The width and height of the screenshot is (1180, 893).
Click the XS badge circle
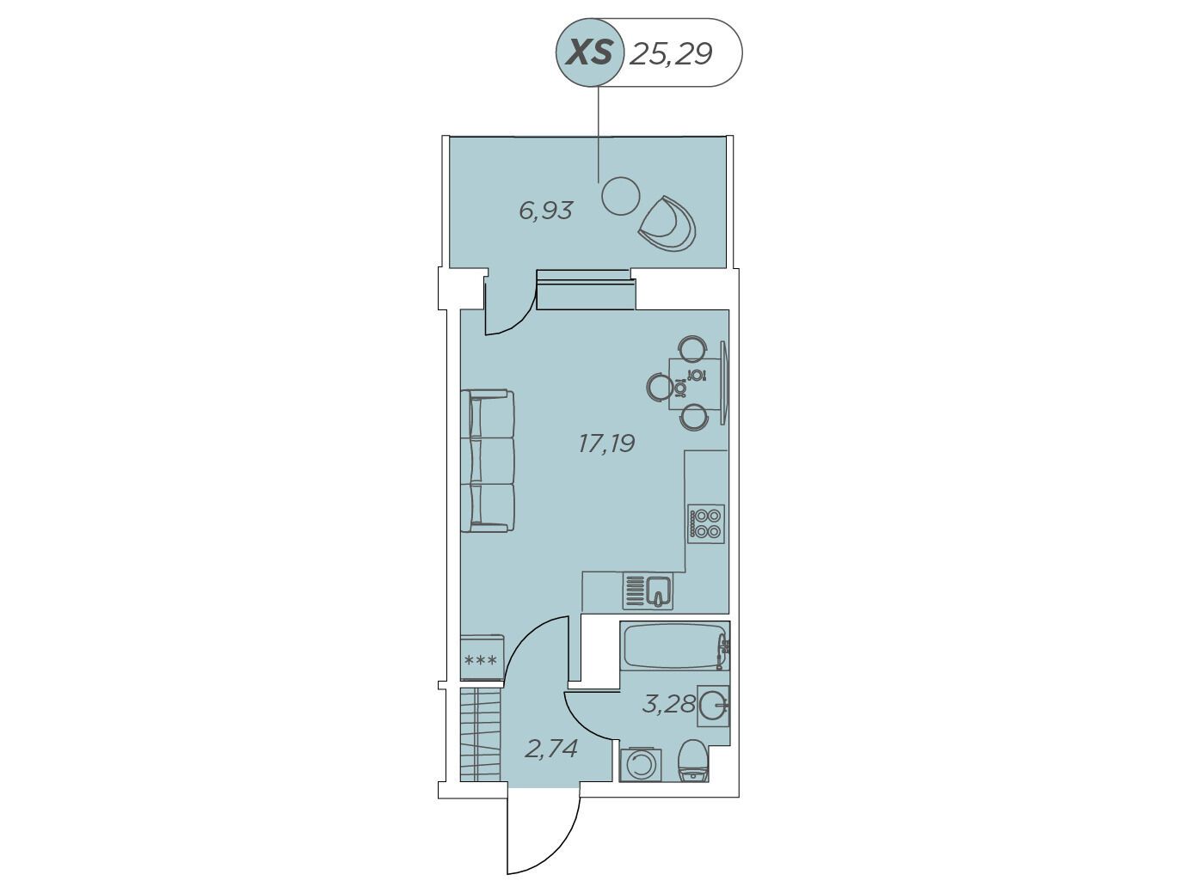(x=590, y=52)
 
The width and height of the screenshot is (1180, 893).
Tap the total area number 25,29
(x=671, y=53)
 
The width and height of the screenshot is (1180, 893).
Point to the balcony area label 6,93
(x=545, y=211)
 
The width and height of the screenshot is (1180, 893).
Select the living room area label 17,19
(x=607, y=443)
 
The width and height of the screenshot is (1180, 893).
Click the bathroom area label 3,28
(x=669, y=704)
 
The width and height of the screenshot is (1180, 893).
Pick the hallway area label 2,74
(x=551, y=749)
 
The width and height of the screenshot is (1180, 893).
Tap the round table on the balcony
(x=620, y=196)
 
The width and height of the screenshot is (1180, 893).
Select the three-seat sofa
(x=488, y=461)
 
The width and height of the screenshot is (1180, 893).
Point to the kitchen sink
(x=648, y=591)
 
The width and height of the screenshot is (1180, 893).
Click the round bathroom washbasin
(x=714, y=706)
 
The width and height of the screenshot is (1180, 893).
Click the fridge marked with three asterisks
(x=482, y=658)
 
